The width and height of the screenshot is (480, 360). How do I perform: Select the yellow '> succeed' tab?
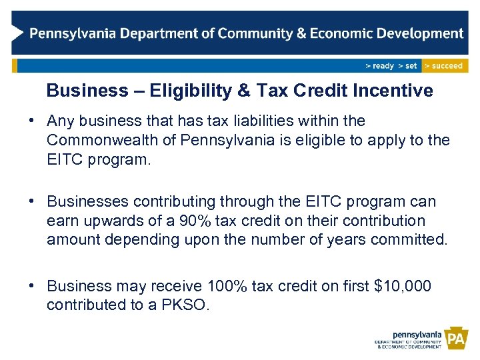(x=445, y=66)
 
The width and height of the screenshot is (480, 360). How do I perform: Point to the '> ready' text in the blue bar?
(x=380, y=66)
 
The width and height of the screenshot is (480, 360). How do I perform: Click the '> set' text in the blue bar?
(x=407, y=66)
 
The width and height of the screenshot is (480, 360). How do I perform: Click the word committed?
(x=413, y=239)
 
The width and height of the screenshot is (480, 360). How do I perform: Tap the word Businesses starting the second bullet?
(x=89, y=201)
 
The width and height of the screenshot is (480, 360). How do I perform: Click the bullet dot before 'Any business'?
(x=32, y=121)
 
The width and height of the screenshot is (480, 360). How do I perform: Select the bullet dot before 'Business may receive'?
(x=32, y=286)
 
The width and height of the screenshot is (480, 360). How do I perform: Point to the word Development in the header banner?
(x=419, y=33)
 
